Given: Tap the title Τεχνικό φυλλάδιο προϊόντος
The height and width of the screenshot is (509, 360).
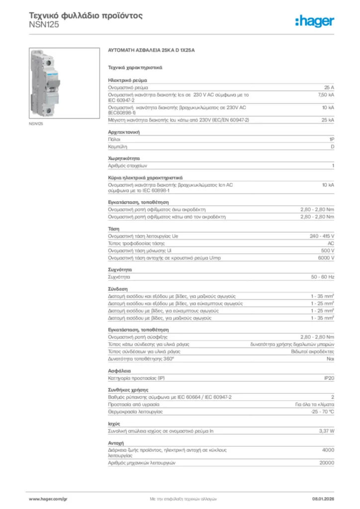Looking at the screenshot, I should pyautogui.click(x=86, y=15).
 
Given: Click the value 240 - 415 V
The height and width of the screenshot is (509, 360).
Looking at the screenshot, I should pyautogui.click(x=322, y=236).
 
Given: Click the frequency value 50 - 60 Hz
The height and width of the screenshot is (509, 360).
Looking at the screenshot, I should pyautogui.click(x=323, y=277).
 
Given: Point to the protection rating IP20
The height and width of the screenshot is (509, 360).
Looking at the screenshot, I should pyautogui.click(x=329, y=378).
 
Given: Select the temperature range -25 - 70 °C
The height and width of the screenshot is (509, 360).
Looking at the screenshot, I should pyautogui.click(x=322, y=412).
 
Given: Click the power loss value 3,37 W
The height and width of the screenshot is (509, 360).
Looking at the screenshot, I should pyautogui.click(x=326, y=431).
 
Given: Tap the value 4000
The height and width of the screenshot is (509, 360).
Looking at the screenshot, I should pyautogui.click(x=328, y=449).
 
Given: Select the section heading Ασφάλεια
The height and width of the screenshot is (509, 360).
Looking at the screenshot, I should pyautogui.click(x=119, y=371).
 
